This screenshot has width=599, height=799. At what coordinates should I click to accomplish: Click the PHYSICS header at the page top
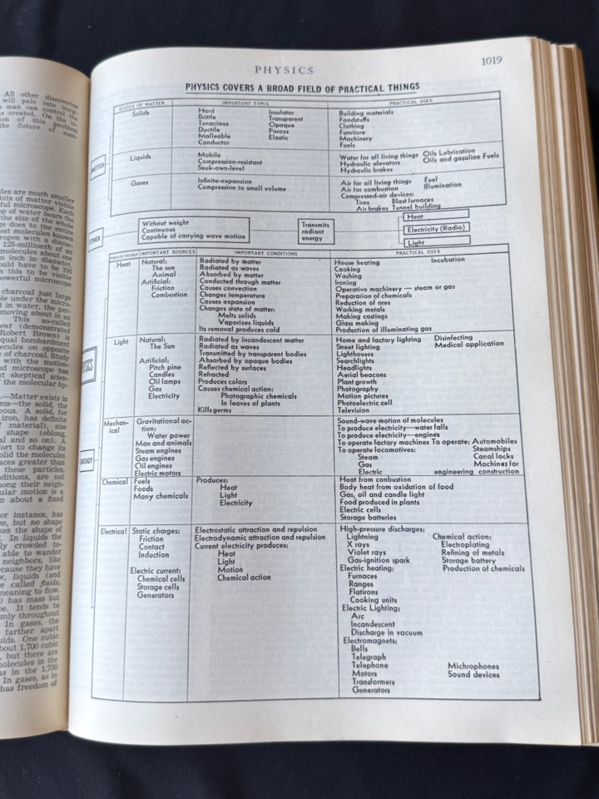284,71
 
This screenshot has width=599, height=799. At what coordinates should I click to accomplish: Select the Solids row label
141,113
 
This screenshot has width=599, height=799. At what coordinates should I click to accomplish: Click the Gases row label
139,182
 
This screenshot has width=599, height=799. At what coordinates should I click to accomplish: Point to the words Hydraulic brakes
364,170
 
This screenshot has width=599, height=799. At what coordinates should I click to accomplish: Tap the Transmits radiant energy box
316,231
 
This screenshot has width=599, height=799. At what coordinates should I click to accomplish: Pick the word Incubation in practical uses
448,260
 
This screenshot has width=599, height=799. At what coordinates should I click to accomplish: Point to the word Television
353,409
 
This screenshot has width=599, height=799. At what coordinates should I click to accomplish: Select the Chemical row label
115,481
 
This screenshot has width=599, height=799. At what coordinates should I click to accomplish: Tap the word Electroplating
465,545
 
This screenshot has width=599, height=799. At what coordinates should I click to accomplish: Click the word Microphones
473,666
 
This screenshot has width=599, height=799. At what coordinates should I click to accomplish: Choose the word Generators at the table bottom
370,689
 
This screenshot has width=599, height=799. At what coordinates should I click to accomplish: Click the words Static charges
153,530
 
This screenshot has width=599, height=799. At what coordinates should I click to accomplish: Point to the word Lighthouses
357,354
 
